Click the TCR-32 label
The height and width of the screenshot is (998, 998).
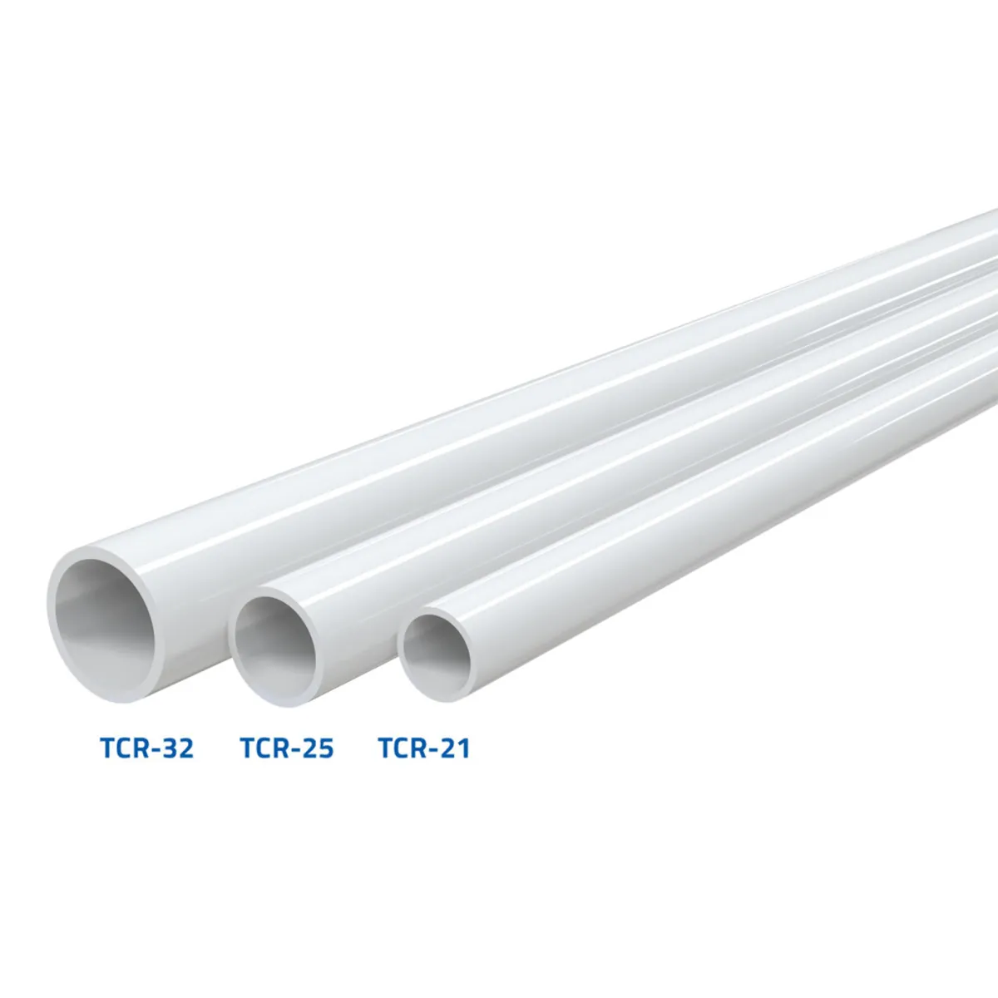point(147,748)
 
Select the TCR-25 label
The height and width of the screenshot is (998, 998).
point(287,748)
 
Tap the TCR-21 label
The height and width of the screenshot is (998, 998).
point(424,748)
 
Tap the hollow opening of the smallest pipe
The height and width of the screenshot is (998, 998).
point(437,655)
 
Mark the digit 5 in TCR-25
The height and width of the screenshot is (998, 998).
point(325,748)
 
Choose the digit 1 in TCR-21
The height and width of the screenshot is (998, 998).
point(462,748)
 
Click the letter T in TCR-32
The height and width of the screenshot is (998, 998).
point(108,748)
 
